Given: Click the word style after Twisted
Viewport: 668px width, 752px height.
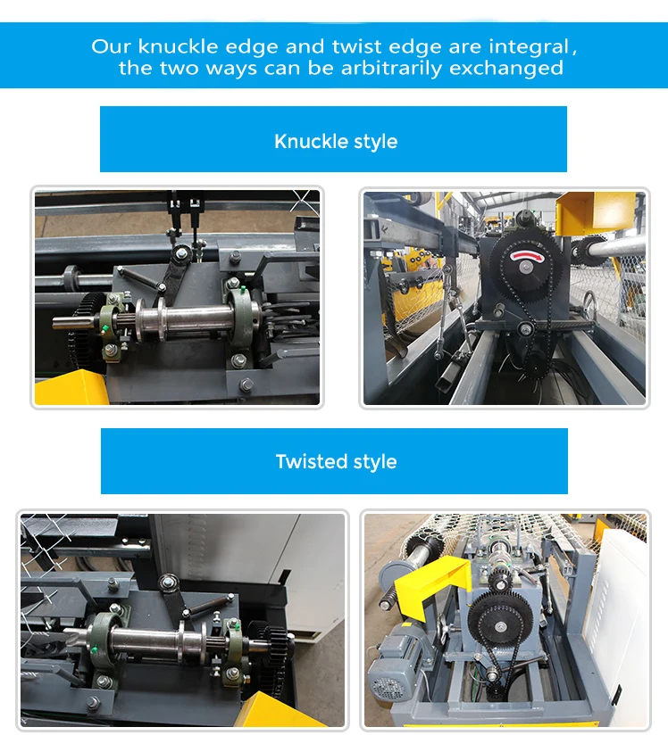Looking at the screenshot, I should pos(375,461).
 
